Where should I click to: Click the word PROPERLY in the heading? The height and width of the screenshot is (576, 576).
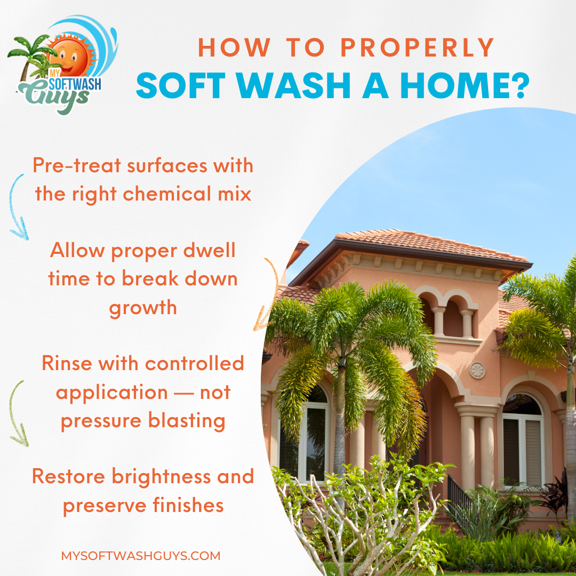[418, 48]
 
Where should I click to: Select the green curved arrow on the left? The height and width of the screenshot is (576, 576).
[18, 413]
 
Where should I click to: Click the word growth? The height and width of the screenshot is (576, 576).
[143, 308]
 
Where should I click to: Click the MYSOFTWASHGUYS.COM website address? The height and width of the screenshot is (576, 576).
[141, 556]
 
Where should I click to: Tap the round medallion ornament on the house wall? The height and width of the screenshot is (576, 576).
[477, 370]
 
